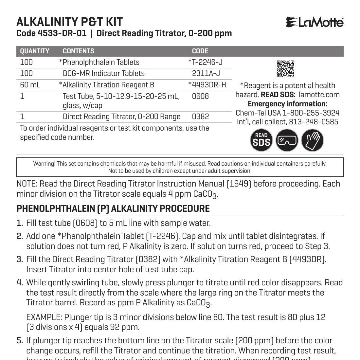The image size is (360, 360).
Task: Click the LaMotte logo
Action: [x=315, y=22]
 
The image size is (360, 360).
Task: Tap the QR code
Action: [x=285, y=69]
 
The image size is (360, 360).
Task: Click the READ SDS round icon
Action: [x=261, y=140]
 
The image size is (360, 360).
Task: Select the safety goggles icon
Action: [x=287, y=140]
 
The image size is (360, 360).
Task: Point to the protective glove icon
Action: [x=312, y=140]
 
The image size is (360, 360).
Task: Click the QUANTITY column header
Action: [x=35, y=51]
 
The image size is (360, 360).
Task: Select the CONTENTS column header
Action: [x=78, y=51]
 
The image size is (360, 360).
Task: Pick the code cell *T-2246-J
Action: [x=205, y=62]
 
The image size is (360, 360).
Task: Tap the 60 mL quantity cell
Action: [x=30, y=85]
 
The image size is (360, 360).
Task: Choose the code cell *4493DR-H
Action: [x=207, y=85]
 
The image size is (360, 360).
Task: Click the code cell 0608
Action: [x=200, y=96]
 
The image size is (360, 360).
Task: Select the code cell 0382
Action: [x=200, y=117]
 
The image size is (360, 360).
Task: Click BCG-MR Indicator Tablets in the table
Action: [x=103, y=73]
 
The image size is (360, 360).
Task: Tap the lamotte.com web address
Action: [x=319, y=95]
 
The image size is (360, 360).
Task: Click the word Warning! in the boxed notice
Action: [x=44, y=164]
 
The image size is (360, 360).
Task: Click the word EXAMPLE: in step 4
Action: [x=44, y=317]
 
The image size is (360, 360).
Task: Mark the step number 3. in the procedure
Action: [x=20, y=259]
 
